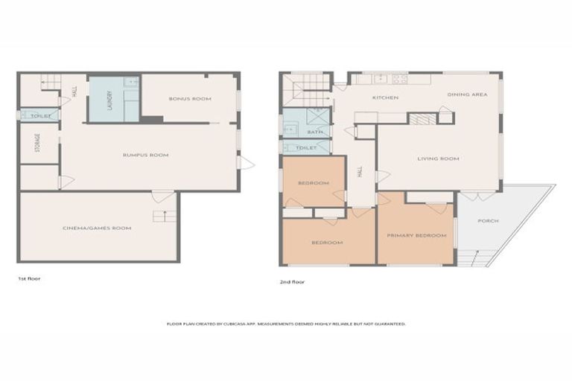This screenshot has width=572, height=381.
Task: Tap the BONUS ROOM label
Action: [x=190, y=98]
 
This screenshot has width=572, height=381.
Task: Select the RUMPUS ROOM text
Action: [x=146, y=155]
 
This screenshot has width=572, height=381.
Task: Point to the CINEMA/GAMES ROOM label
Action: [x=98, y=228]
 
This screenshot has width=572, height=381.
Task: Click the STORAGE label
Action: [x=36, y=144]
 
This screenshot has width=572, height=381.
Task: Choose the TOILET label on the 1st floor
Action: [x=42, y=116]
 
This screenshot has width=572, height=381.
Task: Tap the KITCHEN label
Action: [x=385, y=97]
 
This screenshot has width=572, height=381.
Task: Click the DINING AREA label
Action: [x=467, y=95]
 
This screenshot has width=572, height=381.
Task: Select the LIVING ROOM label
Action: [x=438, y=159]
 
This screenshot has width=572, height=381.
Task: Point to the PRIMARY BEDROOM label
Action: [x=416, y=235]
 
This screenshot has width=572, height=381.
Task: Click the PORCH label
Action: [x=489, y=221]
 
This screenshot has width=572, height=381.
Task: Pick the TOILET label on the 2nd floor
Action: [x=306, y=148]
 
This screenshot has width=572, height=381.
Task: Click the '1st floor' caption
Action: [x=29, y=278]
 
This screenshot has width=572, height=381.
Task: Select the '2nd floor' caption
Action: [x=293, y=282]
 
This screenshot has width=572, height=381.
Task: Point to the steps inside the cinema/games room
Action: [x=159, y=216]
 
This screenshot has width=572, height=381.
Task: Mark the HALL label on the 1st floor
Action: [x=74, y=92]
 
